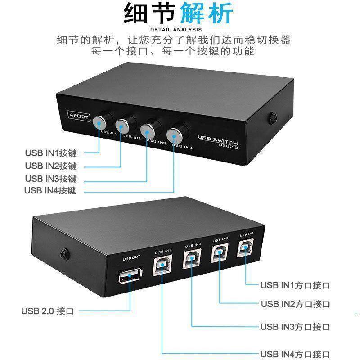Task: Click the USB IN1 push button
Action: pos(103,121)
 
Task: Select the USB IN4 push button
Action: pos(175,134)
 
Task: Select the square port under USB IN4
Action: pos(163,266)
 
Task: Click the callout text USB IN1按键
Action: pos(50,153)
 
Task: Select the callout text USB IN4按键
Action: pos(50,190)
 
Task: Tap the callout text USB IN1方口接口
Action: pos(296,285)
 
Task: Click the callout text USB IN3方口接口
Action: pos(296,327)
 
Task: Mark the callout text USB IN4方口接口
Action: pos(296,354)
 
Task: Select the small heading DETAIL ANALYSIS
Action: pos(179,30)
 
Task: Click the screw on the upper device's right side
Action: pos(273,118)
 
